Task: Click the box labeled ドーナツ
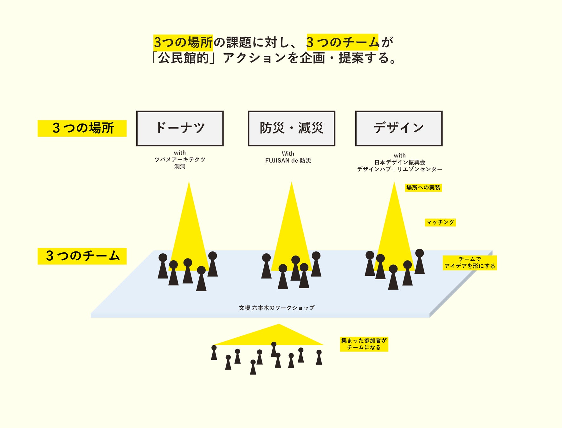point(180,128)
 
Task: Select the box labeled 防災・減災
point(291,128)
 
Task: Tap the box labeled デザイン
point(398,128)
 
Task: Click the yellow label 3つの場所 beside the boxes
point(82,128)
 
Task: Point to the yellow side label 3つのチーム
point(82,256)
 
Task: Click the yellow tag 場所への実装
point(423,188)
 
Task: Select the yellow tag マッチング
point(440,222)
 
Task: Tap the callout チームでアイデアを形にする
point(469,263)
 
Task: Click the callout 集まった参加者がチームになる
point(364,344)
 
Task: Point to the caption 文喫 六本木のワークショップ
point(277,308)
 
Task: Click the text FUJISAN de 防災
point(288,161)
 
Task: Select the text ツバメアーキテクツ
point(180,159)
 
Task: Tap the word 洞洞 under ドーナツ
point(180,166)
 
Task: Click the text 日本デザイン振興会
point(400,162)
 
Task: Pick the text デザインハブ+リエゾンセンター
point(399,169)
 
